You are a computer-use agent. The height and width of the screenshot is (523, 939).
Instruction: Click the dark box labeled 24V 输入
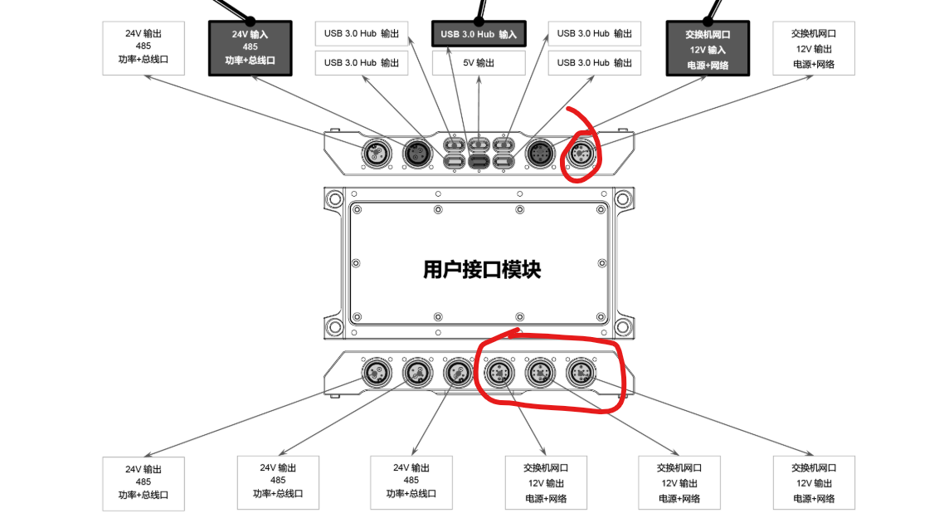250,48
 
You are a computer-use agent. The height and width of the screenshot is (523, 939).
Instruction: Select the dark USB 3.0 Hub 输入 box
479,34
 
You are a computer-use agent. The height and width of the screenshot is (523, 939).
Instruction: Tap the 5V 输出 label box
479,62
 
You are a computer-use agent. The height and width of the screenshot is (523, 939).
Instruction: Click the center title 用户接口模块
482,269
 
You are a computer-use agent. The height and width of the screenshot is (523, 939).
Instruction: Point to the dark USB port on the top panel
479,160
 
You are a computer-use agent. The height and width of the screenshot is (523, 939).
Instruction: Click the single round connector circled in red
581,153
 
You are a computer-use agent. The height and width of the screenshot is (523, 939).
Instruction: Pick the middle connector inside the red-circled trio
540,373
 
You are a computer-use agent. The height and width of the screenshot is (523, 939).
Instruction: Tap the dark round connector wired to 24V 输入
417,153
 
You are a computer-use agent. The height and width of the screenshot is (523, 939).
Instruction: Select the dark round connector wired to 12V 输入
540,153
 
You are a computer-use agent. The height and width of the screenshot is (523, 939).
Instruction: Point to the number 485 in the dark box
250,47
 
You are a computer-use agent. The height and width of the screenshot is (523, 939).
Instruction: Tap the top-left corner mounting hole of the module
334,198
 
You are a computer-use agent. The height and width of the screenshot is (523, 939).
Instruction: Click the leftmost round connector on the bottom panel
376,373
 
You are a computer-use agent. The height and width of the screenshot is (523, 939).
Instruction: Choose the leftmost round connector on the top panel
376,153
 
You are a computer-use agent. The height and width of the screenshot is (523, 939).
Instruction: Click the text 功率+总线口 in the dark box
250,61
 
